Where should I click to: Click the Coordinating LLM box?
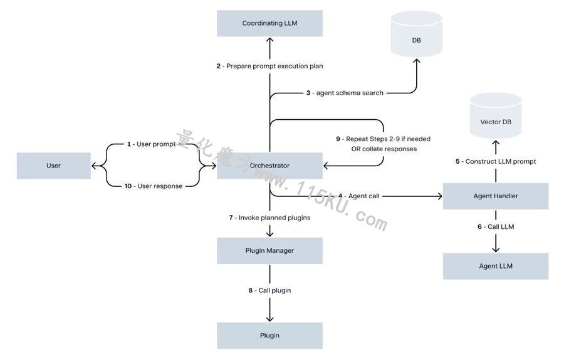[x=269, y=23]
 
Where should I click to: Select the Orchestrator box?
[x=269, y=166]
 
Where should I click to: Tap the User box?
[x=54, y=166]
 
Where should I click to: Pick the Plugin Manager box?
[x=269, y=251]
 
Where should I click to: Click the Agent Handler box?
[x=496, y=196]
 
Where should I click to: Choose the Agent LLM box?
[x=496, y=266]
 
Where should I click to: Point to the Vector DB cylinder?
[x=496, y=116]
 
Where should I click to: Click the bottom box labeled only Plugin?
[x=269, y=336]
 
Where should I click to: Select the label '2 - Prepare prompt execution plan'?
[x=269, y=66]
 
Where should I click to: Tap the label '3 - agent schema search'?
[x=345, y=93]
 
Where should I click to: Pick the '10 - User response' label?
[x=154, y=186]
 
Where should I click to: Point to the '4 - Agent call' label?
[x=358, y=196]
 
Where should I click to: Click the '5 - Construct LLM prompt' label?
[x=496, y=162]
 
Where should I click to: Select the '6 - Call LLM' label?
[x=496, y=227]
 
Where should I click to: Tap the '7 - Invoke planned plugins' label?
[x=269, y=218]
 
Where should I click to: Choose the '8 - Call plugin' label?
[x=269, y=290]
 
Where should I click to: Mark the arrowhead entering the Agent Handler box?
[x=439, y=196]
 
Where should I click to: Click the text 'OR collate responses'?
[x=384, y=149]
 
